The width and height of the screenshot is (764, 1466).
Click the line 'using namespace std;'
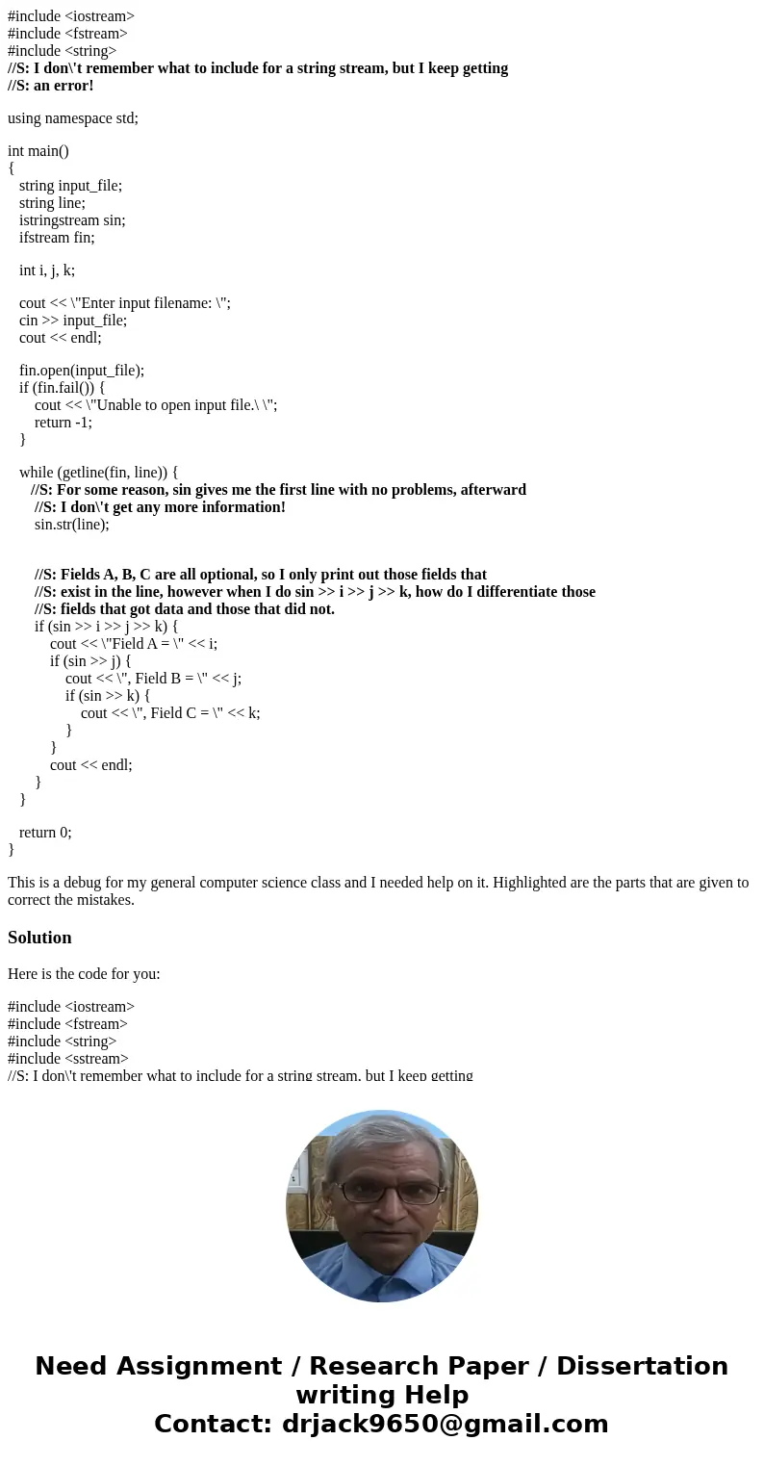[x=73, y=118]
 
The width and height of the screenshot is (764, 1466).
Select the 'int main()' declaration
[x=38, y=151]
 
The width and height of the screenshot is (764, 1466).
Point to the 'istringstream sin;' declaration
[x=72, y=220]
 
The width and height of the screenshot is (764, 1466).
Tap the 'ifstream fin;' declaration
[x=57, y=238]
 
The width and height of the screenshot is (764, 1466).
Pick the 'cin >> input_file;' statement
[x=73, y=321]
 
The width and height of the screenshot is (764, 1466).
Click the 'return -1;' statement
[x=64, y=423]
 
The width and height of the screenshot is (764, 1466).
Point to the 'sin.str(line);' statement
[x=72, y=525]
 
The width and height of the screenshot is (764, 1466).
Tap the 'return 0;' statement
[x=45, y=833]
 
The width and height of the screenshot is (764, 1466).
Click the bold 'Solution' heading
[x=39, y=938]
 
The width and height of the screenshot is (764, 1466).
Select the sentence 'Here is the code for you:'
[x=84, y=974]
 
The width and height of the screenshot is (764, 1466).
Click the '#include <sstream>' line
[x=68, y=1059]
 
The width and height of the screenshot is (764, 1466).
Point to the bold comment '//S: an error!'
[x=51, y=86]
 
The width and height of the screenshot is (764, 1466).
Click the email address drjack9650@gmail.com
[x=445, y=1425]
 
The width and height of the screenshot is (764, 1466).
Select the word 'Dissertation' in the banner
[x=642, y=1367]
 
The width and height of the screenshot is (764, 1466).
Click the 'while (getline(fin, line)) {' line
[x=98, y=473]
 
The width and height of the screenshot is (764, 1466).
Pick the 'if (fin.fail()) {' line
[x=62, y=388]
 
